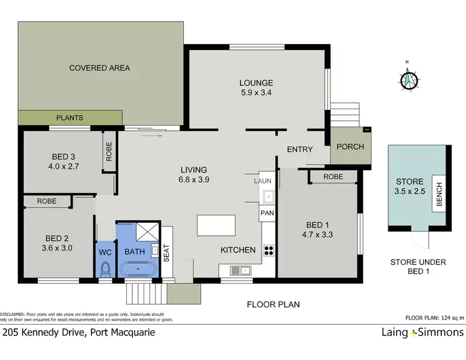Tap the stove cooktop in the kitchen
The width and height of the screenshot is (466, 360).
click(269, 251)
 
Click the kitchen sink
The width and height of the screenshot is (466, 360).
click(239, 270)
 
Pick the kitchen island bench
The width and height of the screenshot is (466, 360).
click(216, 225)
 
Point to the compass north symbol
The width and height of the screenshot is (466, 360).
click(408, 79)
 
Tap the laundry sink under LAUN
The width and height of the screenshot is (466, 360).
click(267, 197)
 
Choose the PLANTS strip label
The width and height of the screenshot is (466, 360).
click(70, 117)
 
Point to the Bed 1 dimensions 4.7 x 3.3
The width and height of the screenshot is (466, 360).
click(315, 235)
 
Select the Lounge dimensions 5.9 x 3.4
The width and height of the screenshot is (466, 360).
click(257, 94)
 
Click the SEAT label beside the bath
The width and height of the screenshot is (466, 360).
click(166, 254)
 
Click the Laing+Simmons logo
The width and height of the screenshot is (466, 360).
click(422, 333)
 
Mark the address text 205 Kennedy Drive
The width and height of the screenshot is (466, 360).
click(78, 332)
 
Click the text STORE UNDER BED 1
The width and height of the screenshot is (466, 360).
click(418, 267)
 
